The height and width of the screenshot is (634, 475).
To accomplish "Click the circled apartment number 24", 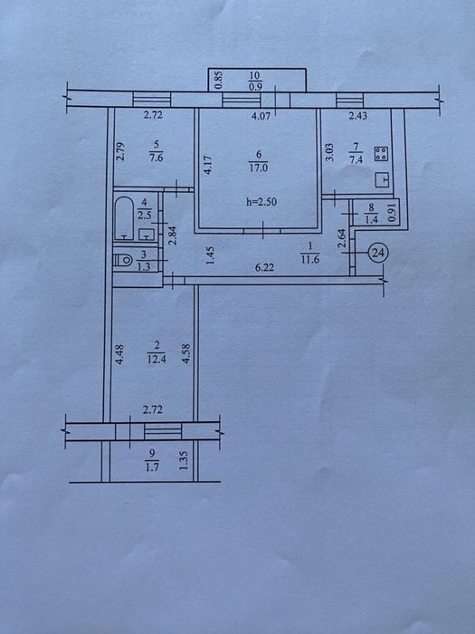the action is (378, 253).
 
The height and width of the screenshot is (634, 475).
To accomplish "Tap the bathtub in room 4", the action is (124, 219).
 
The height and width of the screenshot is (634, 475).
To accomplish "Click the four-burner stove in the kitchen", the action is (381, 154).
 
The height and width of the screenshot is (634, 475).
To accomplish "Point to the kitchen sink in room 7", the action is (382, 179).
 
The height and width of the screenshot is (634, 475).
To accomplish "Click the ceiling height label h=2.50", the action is (261, 202).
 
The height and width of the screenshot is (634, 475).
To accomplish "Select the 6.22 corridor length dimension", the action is (264, 268).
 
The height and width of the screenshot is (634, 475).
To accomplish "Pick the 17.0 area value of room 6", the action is (259, 167).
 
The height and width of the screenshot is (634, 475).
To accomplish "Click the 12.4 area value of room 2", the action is (157, 359).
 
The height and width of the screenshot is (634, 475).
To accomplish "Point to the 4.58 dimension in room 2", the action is (185, 353).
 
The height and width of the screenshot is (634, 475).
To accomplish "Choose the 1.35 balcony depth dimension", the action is (184, 461).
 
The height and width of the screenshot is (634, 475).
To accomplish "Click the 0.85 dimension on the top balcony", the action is (219, 81).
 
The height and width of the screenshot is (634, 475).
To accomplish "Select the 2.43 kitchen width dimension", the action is (358, 116).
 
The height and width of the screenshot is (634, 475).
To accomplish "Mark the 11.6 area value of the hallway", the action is (310, 260).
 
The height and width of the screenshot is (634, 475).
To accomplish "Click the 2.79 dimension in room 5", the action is (119, 151).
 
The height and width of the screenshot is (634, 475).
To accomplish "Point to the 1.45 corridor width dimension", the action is (210, 255).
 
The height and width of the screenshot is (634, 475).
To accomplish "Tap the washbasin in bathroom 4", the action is (147, 234).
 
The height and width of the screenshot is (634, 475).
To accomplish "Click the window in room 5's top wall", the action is (152, 100).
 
